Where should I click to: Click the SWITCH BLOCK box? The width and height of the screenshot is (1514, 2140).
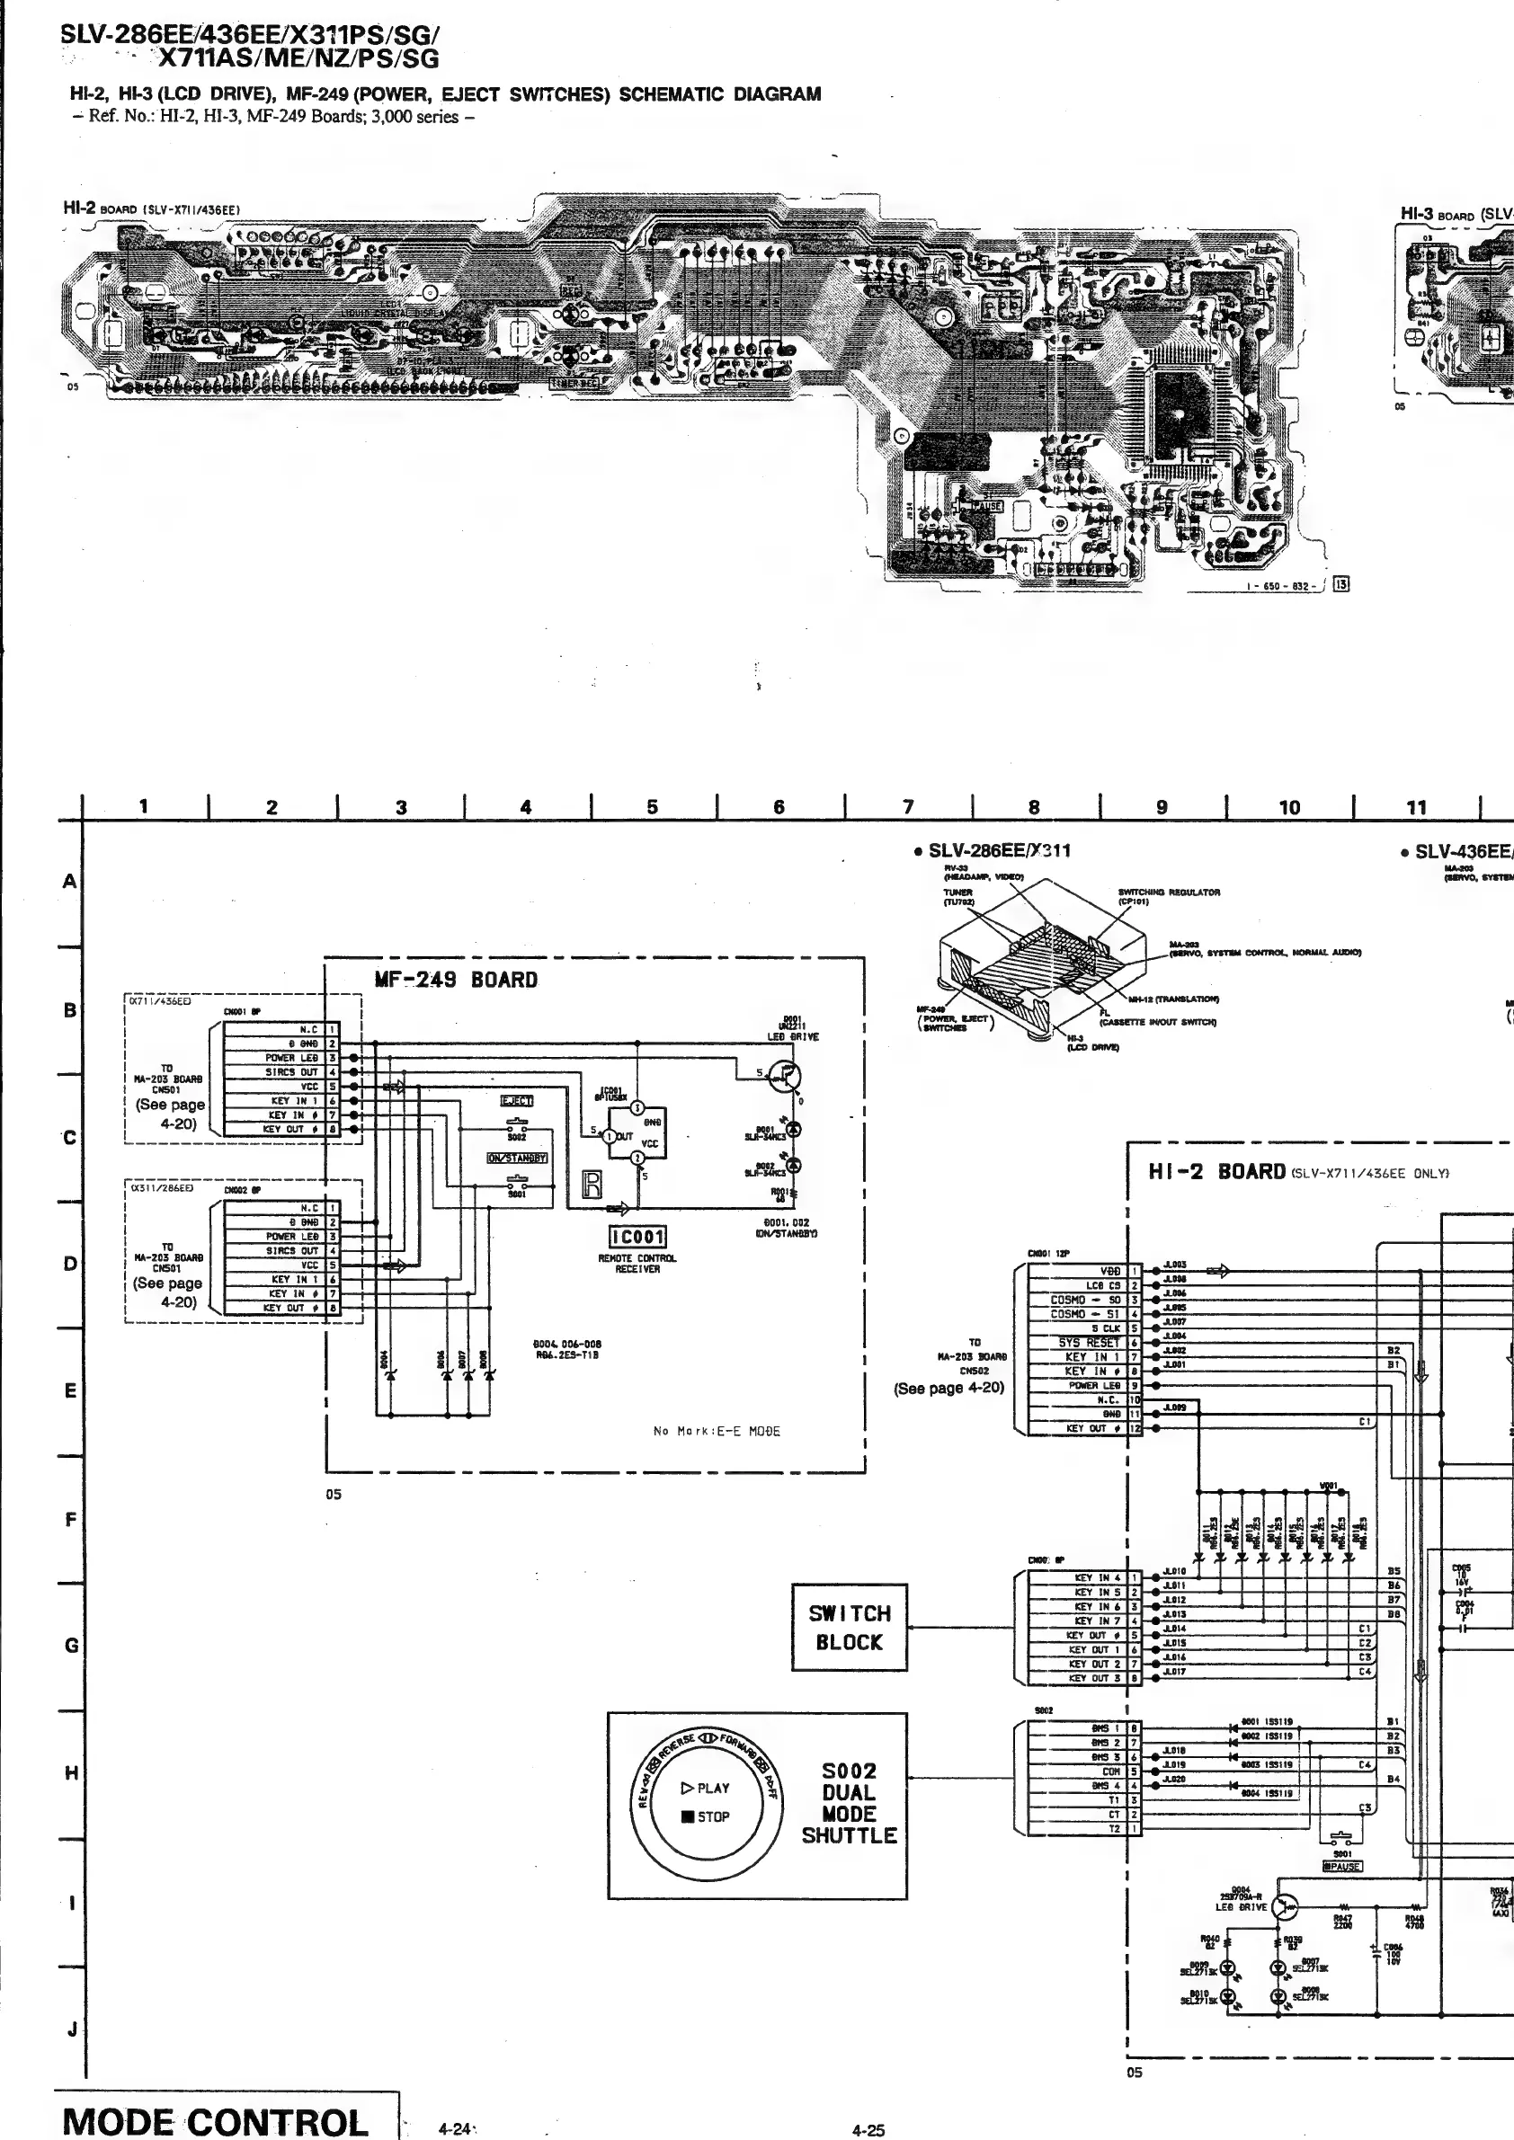849,1628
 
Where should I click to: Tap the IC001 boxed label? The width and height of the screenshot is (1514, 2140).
637,1237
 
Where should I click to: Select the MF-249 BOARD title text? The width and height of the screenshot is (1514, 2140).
456,980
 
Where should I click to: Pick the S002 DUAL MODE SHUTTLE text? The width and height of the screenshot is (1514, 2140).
849,1803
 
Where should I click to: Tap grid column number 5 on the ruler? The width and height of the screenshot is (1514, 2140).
652,807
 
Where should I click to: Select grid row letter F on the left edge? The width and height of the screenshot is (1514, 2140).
71,1519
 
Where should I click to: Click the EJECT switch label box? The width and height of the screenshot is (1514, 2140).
516,1101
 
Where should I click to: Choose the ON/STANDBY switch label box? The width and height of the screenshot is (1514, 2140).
516,1159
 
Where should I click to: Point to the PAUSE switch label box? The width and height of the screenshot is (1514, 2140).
1341,1867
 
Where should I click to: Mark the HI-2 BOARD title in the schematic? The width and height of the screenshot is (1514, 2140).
1216,1172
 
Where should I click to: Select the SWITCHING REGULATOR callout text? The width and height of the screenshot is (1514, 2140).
1169,892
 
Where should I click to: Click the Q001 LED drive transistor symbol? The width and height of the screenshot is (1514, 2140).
784,1077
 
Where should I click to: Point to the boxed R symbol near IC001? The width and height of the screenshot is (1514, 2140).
592,1184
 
